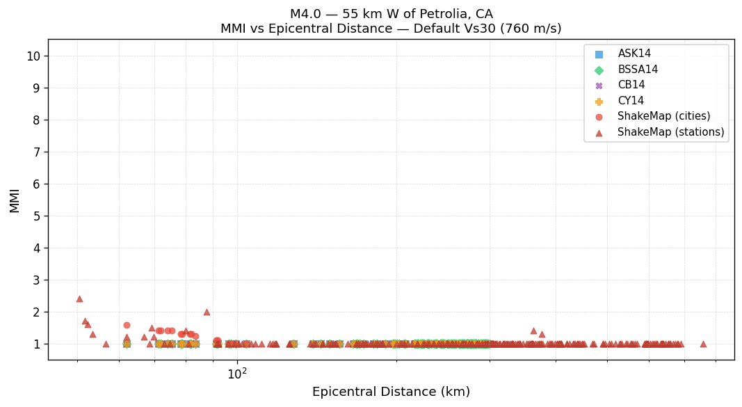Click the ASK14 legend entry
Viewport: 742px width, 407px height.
[634, 54]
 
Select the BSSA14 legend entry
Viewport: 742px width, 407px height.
[638, 70]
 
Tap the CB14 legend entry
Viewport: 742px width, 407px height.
[631, 85]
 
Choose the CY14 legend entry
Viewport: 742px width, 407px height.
[631, 101]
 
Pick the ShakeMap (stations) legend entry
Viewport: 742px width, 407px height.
[670, 132]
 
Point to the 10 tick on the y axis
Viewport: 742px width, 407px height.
[33, 56]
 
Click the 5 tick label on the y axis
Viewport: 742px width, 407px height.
[36, 216]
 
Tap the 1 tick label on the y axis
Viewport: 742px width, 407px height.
[36, 344]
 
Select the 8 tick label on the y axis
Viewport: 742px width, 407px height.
[36, 120]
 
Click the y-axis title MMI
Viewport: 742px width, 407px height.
[15, 200]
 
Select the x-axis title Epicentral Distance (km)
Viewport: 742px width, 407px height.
[391, 392]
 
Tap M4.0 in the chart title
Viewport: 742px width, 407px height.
[307, 14]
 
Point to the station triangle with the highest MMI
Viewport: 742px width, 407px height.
[79, 298]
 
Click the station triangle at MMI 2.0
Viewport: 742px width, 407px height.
[207, 312]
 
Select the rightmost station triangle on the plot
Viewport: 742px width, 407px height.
[703, 344]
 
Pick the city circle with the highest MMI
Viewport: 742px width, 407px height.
[127, 325]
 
